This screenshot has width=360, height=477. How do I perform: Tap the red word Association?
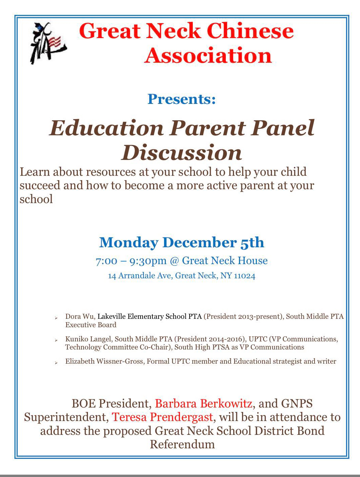pos(208,56)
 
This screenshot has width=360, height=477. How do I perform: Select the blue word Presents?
pos(182,99)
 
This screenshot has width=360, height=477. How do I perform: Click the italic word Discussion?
pos(182,153)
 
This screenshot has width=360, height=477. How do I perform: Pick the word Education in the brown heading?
pos(106,128)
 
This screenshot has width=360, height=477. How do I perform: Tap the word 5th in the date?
pos(252,243)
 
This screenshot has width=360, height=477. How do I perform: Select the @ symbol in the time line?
pos(174,261)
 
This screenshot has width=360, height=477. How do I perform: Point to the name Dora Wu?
pos(80,316)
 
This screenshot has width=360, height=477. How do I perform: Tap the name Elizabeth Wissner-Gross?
pos(105,361)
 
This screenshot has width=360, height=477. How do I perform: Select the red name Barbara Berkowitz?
pos(203,403)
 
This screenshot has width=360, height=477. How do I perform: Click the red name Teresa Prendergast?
pos(162,417)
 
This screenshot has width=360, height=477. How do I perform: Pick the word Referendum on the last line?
pos(182,444)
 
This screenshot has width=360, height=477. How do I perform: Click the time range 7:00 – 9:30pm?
pos(131,261)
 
